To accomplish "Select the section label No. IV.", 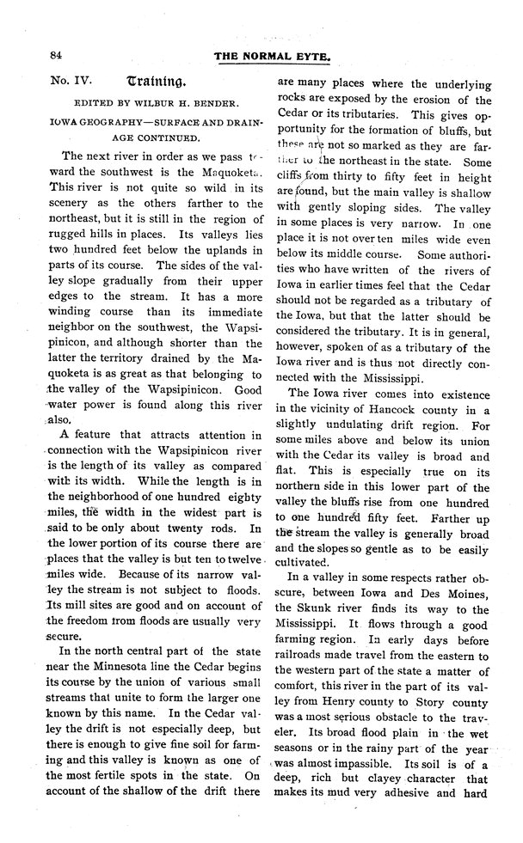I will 70,82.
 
